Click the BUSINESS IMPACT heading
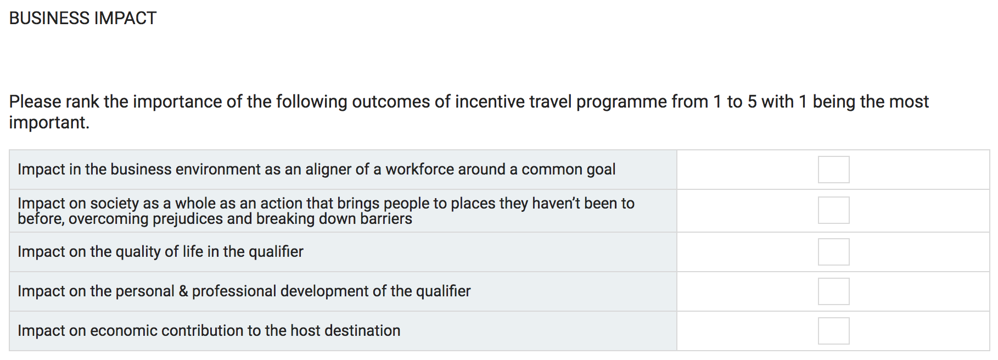click(83, 18)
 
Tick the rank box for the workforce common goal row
click(833, 170)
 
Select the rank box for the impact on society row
click(833, 210)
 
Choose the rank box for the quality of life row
click(833, 252)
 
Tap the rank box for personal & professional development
click(833, 291)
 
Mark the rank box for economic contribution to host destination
click(833, 331)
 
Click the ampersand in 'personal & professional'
click(183, 291)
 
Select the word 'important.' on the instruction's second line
click(49, 123)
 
